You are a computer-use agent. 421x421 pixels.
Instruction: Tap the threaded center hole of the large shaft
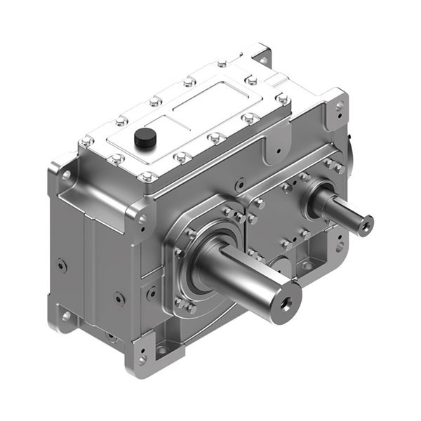[x=286, y=303]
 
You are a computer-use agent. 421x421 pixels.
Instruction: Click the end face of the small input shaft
[x=366, y=225]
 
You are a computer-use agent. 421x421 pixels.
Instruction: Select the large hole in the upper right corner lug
[x=340, y=106]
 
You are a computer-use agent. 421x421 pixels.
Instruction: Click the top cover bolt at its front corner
[x=148, y=177]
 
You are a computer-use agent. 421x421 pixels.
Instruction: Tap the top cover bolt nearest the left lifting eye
[x=87, y=142]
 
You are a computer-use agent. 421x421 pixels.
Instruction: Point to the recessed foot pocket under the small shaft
[x=306, y=265]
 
